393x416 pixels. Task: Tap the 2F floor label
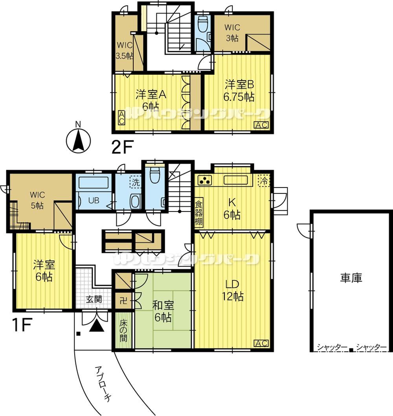[x=121, y=147]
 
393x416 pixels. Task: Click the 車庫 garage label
[x=351, y=278]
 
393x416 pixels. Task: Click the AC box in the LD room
[x=261, y=343]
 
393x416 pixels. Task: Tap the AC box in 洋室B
[x=261, y=125]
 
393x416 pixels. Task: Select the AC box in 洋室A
[x=121, y=118]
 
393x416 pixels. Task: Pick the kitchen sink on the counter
[x=236, y=180]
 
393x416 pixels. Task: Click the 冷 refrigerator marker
[x=264, y=180]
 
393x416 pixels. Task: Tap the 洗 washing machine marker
[x=136, y=182]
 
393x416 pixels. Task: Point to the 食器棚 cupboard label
[x=199, y=212]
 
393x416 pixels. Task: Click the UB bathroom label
[x=94, y=200]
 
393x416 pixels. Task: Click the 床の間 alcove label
[x=123, y=331]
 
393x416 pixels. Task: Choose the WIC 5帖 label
[x=37, y=200]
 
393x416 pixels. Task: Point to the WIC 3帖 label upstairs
[x=232, y=33]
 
